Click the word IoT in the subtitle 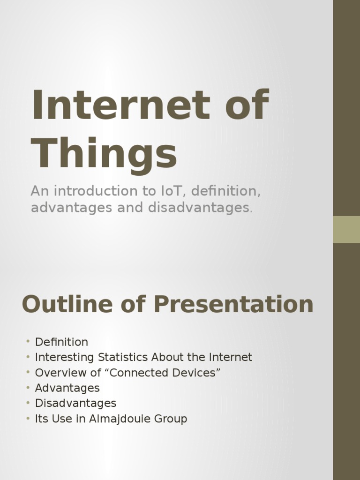[174, 191]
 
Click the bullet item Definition [61, 342]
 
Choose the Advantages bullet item [67, 388]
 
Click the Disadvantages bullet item [75, 403]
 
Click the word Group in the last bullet [172, 419]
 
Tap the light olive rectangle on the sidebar [346, 229]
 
